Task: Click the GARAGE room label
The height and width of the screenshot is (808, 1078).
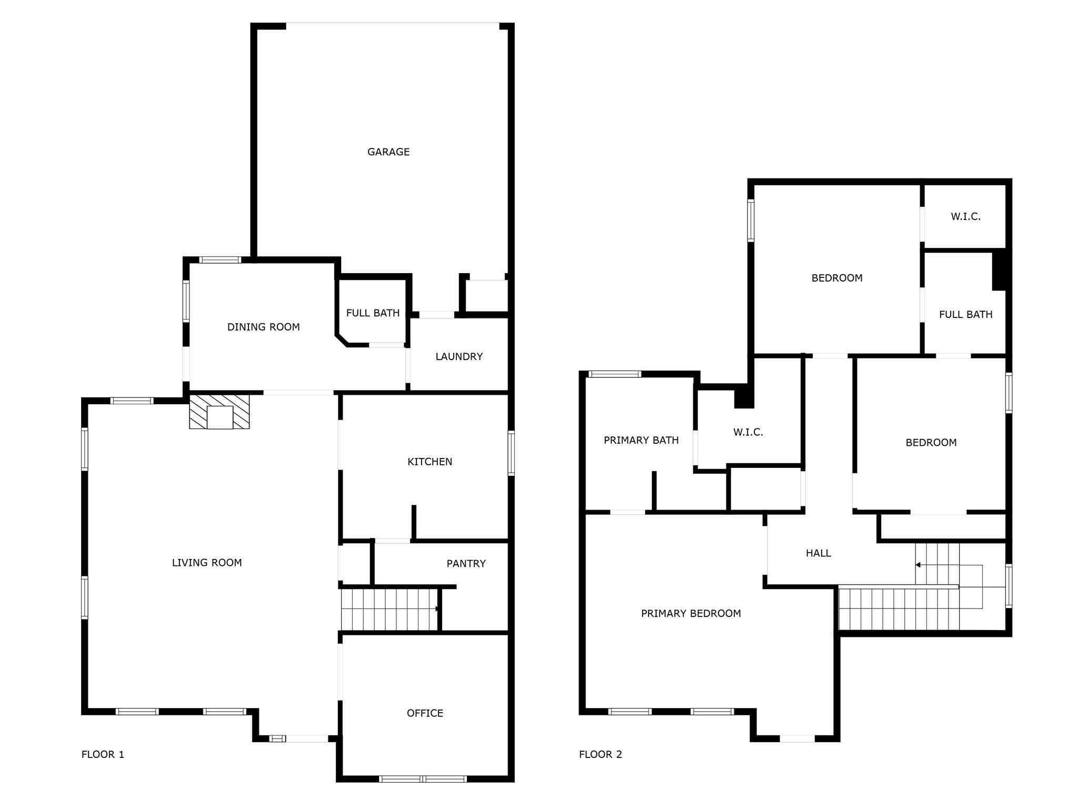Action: coord(388,152)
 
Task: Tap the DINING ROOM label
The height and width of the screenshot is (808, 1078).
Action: coord(263,327)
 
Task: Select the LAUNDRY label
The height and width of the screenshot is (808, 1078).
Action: coord(459,356)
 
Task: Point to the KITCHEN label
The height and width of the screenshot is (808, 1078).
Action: coord(430,462)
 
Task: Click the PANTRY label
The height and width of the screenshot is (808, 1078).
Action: coord(466,564)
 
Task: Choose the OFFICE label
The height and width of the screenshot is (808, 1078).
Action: coord(425,713)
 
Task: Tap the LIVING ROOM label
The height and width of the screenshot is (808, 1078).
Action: coord(207,563)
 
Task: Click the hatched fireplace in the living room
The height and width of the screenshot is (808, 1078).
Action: coord(219,412)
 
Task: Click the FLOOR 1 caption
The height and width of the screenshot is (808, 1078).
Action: coord(103,754)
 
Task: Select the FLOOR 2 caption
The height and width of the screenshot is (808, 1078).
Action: coord(600,754)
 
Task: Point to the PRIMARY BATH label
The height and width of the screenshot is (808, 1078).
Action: coord(641,440)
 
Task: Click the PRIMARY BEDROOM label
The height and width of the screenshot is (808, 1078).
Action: coord(691,613)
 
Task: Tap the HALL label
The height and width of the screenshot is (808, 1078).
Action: coord(818,553)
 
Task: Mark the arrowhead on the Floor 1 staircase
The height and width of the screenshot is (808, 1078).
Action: coord(437,609)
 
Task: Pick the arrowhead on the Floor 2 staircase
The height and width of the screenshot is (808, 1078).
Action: coord(918,565)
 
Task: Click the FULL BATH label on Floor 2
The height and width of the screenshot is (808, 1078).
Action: coord(965,314)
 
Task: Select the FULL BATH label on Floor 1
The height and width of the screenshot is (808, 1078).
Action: coord(373,313)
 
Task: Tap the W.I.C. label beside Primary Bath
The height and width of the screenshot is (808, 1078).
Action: coord(748,432)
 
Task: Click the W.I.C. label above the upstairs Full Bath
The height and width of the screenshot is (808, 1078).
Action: coord(965,216)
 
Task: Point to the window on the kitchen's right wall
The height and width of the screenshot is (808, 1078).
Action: coord(511,453)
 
